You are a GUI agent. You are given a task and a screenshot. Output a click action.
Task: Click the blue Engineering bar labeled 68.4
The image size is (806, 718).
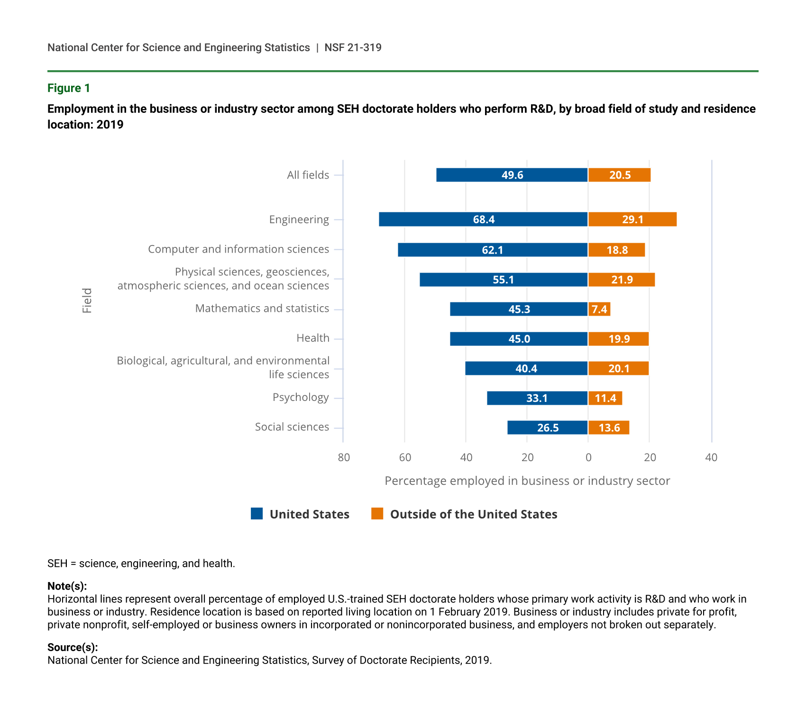coord(483,219)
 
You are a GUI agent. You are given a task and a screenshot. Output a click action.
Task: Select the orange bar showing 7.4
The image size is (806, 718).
coord(599,309)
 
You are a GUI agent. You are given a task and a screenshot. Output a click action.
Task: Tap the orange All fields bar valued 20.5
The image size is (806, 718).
coord(619,175)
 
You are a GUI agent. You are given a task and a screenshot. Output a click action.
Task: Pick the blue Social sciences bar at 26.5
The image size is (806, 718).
coord(548,427)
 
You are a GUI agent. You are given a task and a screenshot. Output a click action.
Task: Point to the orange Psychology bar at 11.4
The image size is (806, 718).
coord(605,398)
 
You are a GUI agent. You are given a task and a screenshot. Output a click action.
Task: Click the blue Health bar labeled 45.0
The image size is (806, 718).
coord(519,339)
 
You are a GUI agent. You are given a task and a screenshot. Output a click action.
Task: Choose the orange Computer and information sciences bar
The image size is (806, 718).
coord(616,250)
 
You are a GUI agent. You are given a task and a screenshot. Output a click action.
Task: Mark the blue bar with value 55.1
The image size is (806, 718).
coord(504,280)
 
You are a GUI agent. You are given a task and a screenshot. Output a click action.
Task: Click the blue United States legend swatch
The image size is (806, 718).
coord(256,514)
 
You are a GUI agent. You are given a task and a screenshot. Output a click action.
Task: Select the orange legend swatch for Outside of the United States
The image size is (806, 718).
coord(377,514)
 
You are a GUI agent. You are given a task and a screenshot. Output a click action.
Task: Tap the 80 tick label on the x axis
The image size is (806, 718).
coord(344,457)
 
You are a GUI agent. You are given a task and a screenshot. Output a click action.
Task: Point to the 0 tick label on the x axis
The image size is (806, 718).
coord(588,457)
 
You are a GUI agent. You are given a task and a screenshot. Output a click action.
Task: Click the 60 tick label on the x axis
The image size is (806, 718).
coord(405,457)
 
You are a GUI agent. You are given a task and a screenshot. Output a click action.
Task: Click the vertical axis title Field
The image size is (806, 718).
coord(87,300)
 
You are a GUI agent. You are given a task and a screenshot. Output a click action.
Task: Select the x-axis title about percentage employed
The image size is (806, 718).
coord(527,481)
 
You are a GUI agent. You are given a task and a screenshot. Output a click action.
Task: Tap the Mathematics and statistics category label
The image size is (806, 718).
coord(262,309)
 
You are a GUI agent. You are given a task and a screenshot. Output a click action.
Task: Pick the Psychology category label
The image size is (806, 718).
coord(301,397)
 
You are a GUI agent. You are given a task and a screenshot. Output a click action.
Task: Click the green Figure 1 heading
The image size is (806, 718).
coord(69,88)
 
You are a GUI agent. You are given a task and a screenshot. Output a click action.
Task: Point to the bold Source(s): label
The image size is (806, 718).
coord(73,647)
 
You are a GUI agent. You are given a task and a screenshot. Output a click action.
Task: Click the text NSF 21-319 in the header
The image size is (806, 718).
coord(353,47)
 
